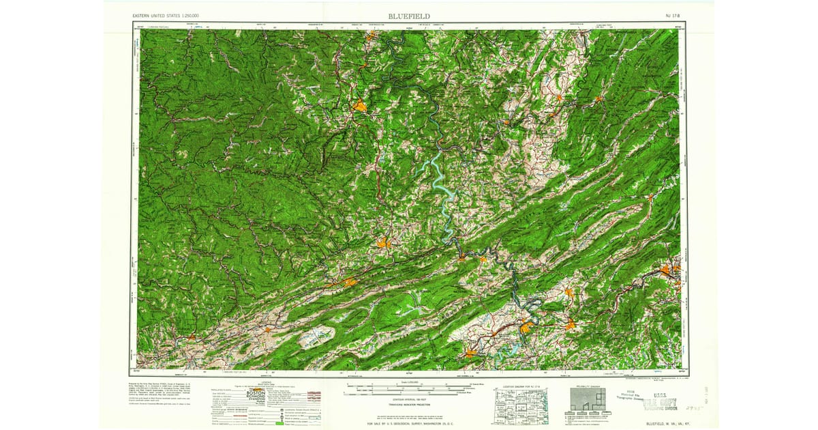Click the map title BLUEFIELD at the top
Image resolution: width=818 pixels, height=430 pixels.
click(409, 16)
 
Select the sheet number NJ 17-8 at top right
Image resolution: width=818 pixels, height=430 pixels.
click(673, 16)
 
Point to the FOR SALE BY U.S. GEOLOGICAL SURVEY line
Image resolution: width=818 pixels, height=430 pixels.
click(409, 424)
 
